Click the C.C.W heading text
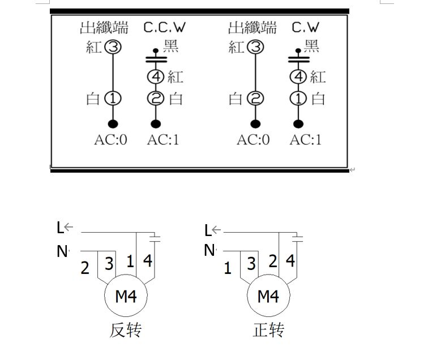(164, 27)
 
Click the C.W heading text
(306, 27)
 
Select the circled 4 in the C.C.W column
(156, 77)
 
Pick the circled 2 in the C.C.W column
(156, 98)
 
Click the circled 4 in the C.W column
(298, 77)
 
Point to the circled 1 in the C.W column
(298, 98)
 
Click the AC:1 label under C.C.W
(163, 139)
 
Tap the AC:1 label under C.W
(306, 139)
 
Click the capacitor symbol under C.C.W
(156, 58)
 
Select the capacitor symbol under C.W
(298, 58)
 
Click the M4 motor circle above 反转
(125, 296)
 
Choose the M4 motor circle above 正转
(268, 296)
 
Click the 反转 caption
(125, 330)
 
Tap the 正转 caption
(268, 330)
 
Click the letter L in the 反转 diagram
(60, 228)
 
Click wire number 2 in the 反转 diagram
(85, 268)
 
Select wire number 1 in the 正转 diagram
(228, 268)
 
